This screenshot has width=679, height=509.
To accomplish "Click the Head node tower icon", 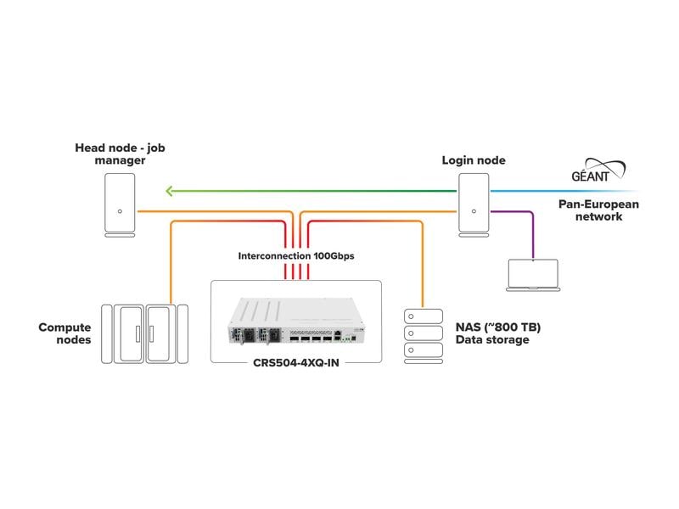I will tap(120, 204).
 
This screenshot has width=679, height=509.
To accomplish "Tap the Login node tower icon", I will tap(474, 204).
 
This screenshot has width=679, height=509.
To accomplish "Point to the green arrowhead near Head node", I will tap(170, 191).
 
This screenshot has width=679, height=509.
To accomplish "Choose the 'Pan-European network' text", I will tap(598, 210).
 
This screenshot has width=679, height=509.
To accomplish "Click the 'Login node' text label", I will tap(473, 159).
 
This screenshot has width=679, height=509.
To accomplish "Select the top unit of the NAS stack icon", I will tap(423, 316).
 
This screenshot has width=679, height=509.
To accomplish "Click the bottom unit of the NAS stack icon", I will tap(423, 350).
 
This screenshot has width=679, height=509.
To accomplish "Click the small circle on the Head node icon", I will tap(120, 211).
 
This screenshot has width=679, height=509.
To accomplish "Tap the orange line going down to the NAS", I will tap(422, 263).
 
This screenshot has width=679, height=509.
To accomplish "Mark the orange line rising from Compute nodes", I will tap(172, 263).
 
